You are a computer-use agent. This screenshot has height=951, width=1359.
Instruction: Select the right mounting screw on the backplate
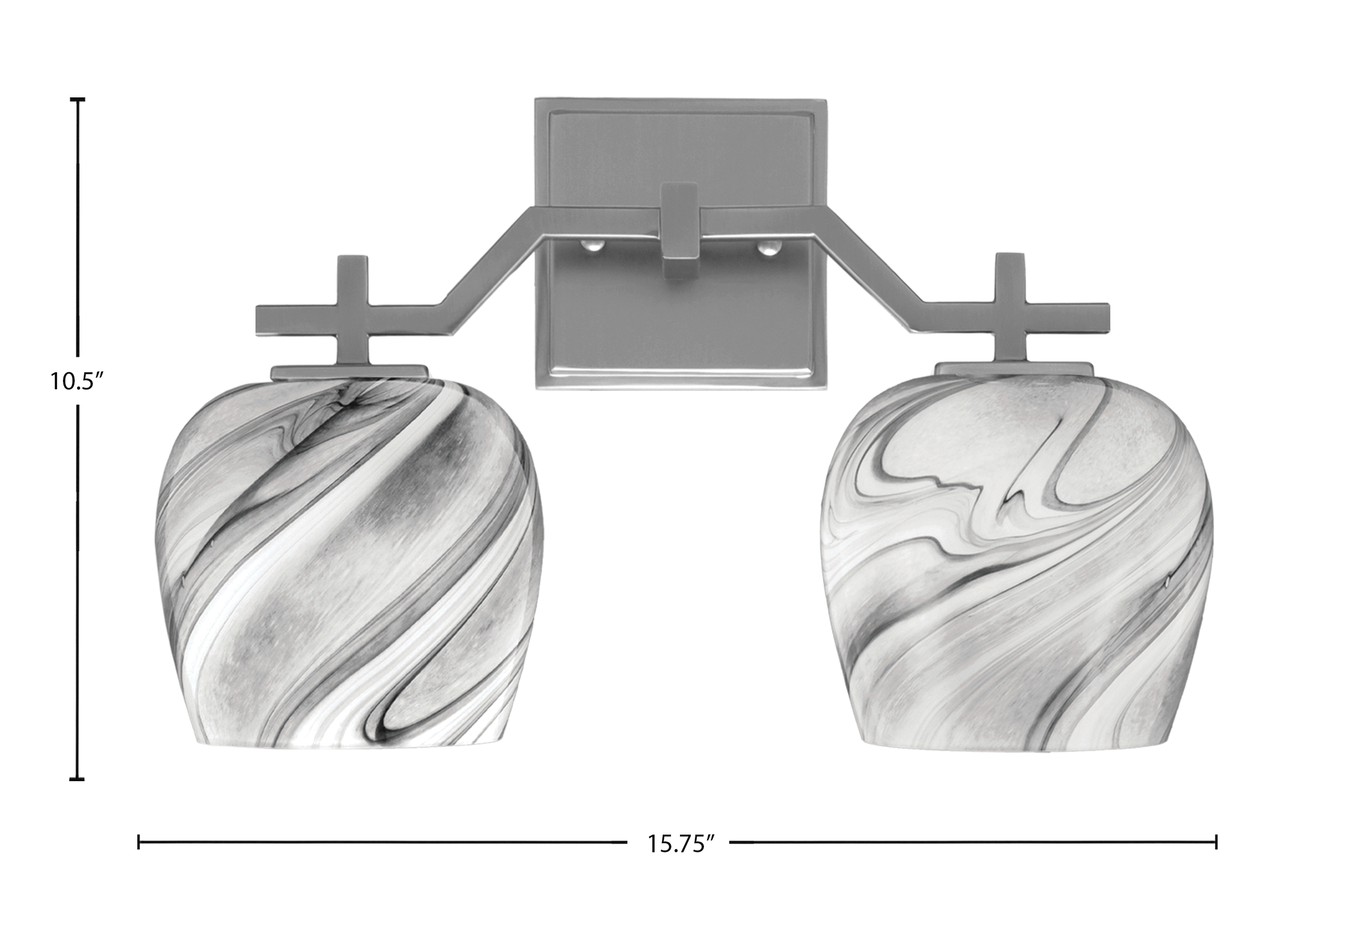point(768,245)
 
